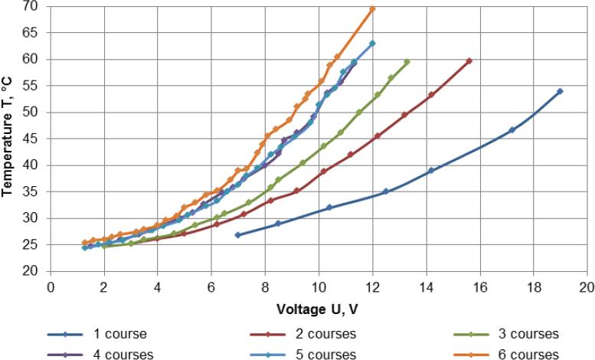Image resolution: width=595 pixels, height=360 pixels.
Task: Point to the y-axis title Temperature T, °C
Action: coord(9,138)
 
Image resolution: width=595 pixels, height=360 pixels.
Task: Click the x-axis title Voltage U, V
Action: coord(318,308)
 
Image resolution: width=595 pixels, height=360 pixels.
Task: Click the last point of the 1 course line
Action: coord(560,91)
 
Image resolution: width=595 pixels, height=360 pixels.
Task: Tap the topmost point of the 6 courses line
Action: coord(372,9)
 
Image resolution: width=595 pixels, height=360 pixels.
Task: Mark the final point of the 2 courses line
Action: coord(469,61)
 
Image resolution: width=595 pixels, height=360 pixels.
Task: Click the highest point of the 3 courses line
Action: coord(407,62)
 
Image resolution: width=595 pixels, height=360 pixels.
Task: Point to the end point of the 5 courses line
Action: coord(372,44)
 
